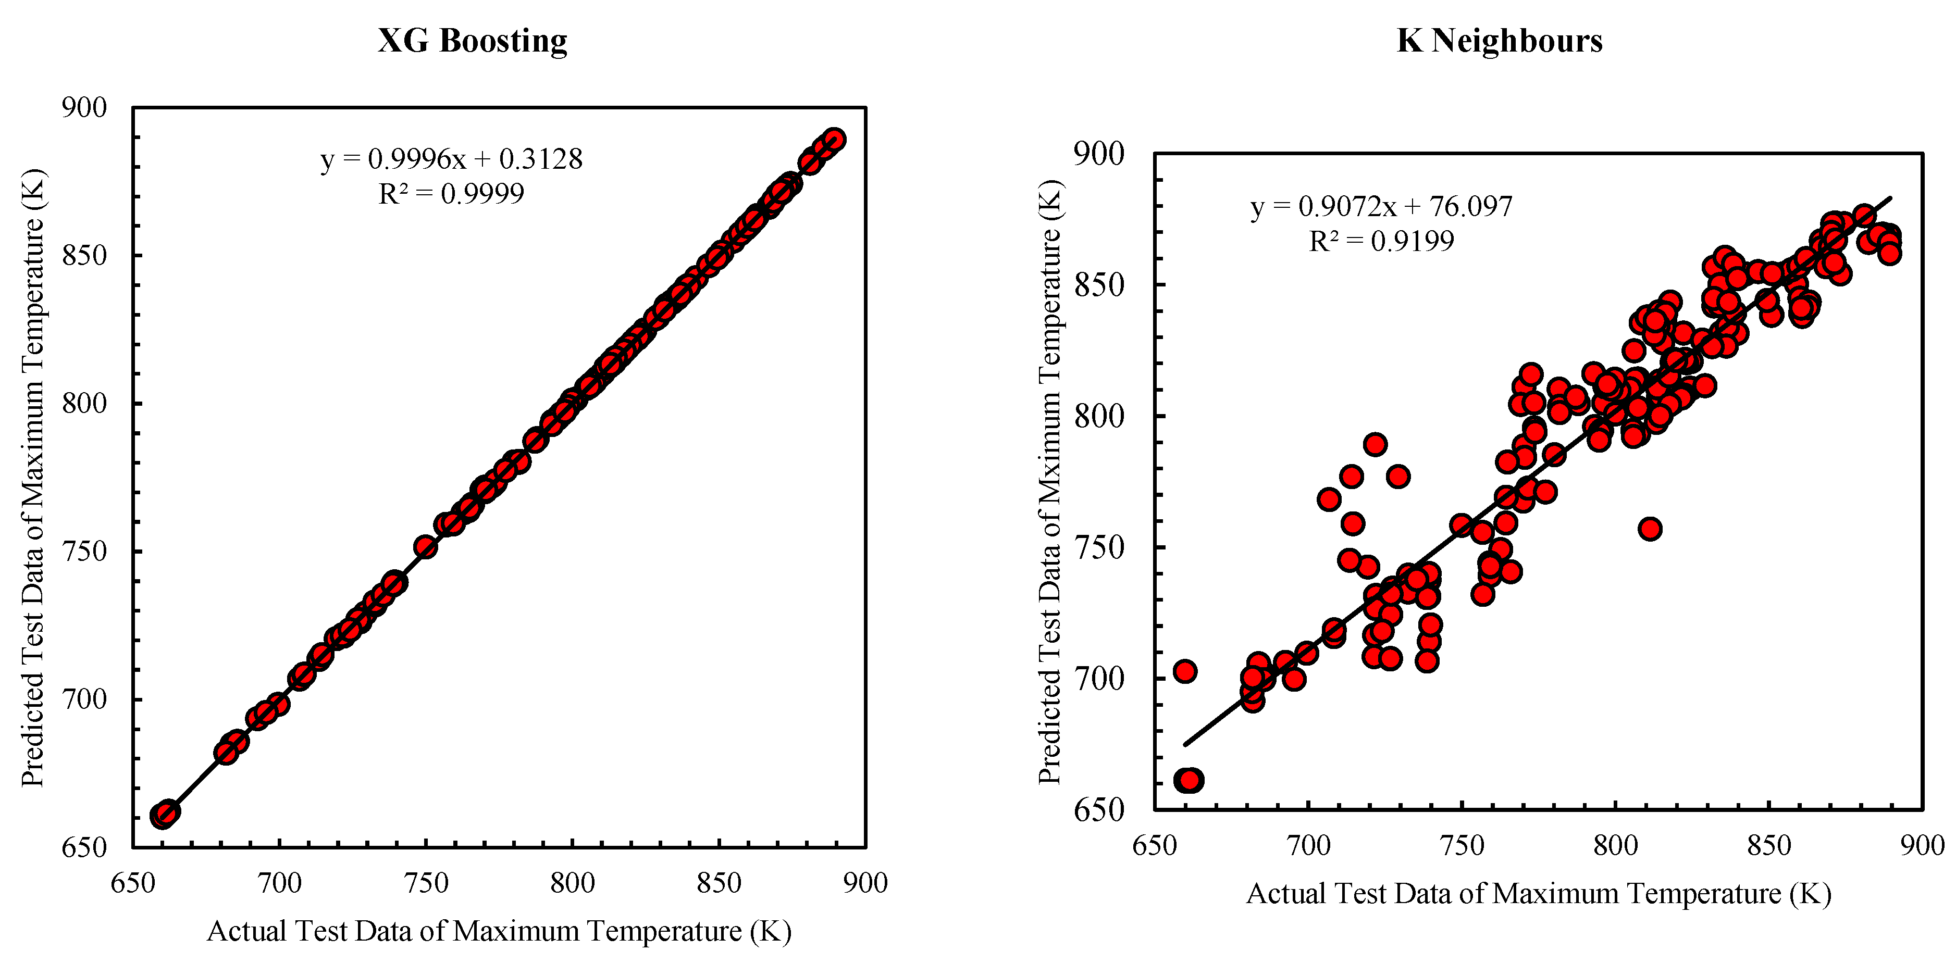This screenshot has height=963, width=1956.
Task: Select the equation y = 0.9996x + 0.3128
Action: pos(451,159)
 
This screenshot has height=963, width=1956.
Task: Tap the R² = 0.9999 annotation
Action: pos(451,194)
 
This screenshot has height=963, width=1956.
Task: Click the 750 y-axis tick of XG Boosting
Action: pos(84,551)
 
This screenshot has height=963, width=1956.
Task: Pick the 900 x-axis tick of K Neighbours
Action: pos(1921,845)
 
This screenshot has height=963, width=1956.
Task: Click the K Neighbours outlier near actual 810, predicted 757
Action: pos(1649,529)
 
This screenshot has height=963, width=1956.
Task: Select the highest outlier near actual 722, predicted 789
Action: pos(1375,444)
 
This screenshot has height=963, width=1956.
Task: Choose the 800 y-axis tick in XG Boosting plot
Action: pos(84,403)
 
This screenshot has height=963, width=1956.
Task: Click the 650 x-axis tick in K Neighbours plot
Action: pos(1154,845)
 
